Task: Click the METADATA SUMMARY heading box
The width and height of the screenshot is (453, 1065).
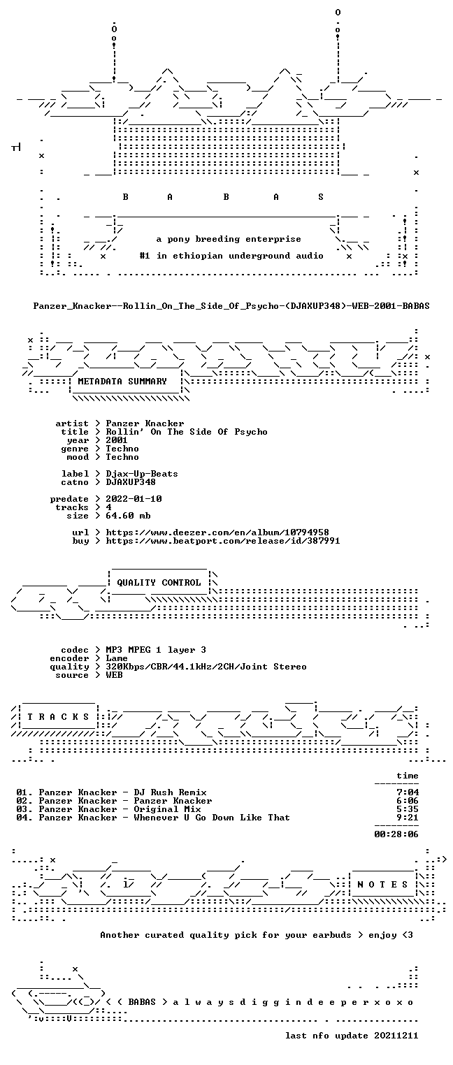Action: (x=122, y=382)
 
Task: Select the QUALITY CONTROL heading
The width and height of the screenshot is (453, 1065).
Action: (x=159, y=582)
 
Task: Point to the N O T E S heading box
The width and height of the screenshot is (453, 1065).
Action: (x=382, y=884)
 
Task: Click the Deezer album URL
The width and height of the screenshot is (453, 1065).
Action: (x=217, y=532)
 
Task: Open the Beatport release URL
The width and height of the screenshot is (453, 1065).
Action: (x=223, y=541)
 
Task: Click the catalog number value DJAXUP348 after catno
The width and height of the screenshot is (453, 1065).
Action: (x=131, y=482)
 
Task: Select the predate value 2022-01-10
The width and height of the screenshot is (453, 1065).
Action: (x=134, y=499)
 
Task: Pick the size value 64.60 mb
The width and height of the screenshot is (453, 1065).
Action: (x=128, y=516)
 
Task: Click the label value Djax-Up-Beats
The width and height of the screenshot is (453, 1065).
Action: (x=142, y=474)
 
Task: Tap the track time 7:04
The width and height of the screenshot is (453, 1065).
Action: (x=408, y=792)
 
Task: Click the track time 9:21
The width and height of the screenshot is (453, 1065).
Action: (x=408, y=818)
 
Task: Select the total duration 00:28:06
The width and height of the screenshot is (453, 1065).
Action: (x=396, y=834)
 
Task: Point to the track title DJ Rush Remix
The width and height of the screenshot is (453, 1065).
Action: (x=170, y=792)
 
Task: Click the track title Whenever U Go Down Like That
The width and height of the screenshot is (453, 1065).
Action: (x=212, y=818)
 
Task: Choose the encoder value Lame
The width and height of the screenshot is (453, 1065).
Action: (x=117, y=658)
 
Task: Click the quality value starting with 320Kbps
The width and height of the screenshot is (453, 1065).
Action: (x=206, y=667)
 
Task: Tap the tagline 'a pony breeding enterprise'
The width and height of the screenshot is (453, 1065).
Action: (x=229, y=239)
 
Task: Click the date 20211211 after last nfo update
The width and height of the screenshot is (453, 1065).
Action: (x=396, y=1036)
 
